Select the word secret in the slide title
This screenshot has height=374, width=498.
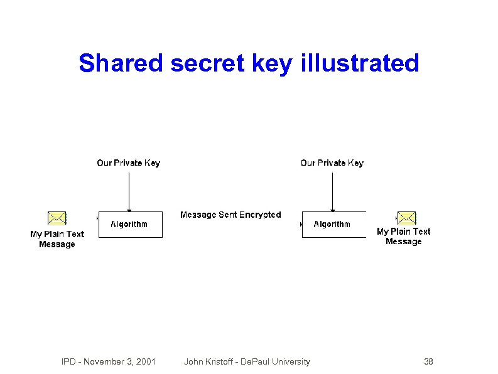tap(207, 63)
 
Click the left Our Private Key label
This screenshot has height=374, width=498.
tap(128, 163)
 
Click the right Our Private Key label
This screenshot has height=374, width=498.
tap(332, 163)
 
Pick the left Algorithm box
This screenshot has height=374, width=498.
tap(130, 225)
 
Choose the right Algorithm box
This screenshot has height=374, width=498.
tap(333, 225)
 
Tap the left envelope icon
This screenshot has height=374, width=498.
tap(57, 218)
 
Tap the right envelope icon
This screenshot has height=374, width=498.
tap(406, 218)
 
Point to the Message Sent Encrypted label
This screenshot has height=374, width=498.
tap(230, 215)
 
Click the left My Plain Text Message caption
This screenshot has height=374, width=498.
tap(57, 239)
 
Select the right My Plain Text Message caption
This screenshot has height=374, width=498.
tap(403, 237)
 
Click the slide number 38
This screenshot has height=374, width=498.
tap(428, 361)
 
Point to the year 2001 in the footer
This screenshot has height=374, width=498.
tap(146, 361)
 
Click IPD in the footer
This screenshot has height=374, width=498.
tap(68, 361)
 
